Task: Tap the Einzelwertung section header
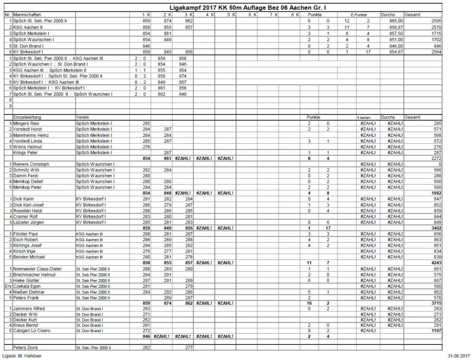pos(27,117)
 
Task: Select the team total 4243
pos(436,262)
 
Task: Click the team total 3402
pos(436,228)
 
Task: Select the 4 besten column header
pos(364,117)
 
